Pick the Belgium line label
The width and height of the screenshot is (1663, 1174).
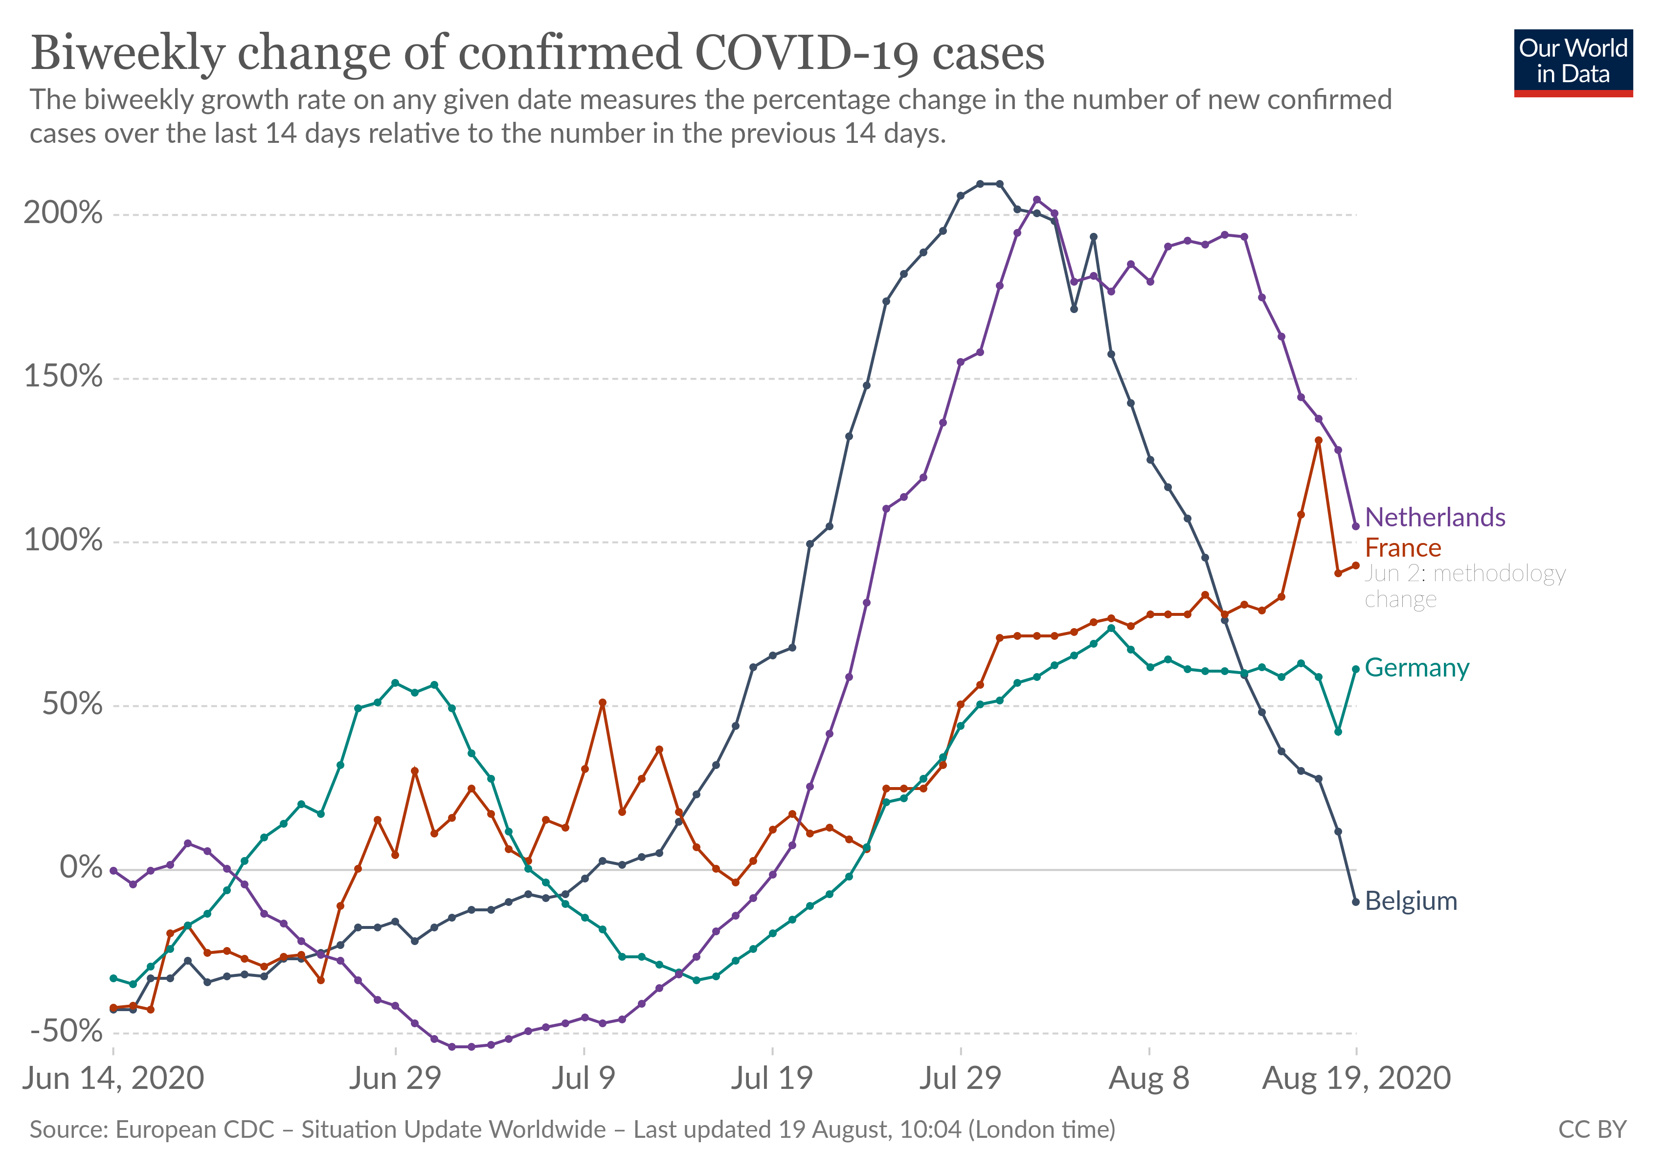tap(1410, 901)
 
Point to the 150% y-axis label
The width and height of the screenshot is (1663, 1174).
tap(63, 377)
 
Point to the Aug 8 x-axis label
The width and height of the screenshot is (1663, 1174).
tap(1149, 1079)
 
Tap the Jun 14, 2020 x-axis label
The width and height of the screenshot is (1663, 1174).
tap(113, 1079)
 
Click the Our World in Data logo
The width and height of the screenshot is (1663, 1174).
tap(1573, 62)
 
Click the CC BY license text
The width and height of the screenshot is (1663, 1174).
tap(1592, 1130)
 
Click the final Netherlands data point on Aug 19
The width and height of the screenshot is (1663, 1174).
tap(1355, 526)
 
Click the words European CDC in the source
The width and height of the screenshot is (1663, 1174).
tap(195, 1130)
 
